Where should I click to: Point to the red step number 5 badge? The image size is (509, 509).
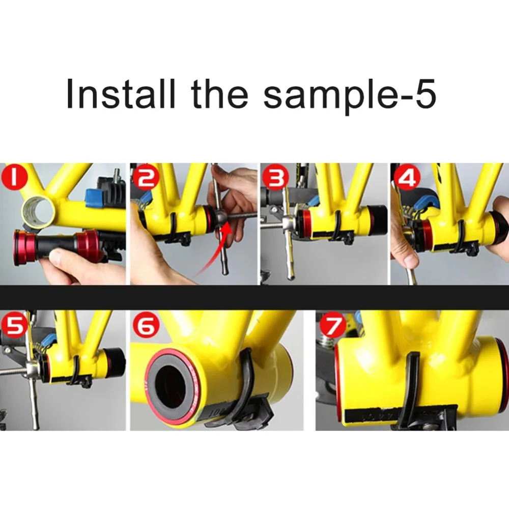click(14, 326)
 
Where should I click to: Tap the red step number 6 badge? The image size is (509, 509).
click(146, 326)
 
